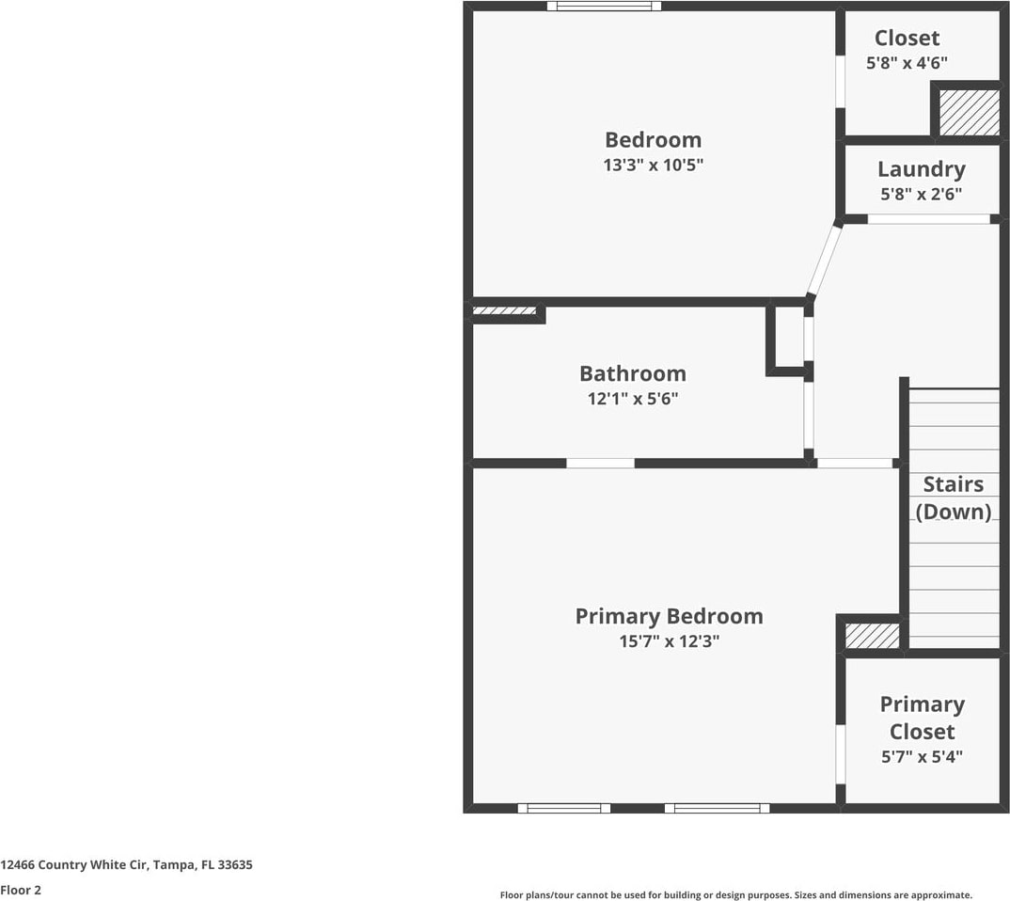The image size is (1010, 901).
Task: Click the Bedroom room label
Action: [x=653, y=140]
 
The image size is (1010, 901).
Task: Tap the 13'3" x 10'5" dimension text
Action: [x=653, y=166]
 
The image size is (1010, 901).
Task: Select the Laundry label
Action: [x=921, y=169]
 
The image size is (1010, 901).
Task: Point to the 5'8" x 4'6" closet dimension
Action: [x=906, y=63]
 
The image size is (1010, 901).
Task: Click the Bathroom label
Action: [x=632, y=373]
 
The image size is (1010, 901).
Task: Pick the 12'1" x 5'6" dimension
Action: [x=632, y=399]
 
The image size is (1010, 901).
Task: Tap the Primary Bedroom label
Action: [x=669, y=616]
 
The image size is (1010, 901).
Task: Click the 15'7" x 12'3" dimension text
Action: [x=669, y=642]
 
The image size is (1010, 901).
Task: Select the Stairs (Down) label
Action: [x=954, y=498]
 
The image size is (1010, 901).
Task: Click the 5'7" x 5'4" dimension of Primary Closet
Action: [x=922, y=757]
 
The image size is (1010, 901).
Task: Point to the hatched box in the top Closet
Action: [x=969, y=112]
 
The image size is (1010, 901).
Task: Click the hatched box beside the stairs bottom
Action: [x=872, y=636]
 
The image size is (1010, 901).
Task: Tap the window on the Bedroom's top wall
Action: [x=604, y=6]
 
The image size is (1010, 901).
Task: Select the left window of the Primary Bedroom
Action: [x=563, y=808]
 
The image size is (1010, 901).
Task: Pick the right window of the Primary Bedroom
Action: [x=717, y=808]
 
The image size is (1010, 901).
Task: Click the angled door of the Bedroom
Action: [x=824, y=259]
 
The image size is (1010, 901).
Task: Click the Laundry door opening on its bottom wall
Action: [x=927, y=219]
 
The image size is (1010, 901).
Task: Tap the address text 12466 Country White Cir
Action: [x=126, y=864]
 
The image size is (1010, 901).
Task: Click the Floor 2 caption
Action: [x=21, y=889]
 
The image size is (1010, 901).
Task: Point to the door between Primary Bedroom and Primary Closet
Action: [x=841, y=753]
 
